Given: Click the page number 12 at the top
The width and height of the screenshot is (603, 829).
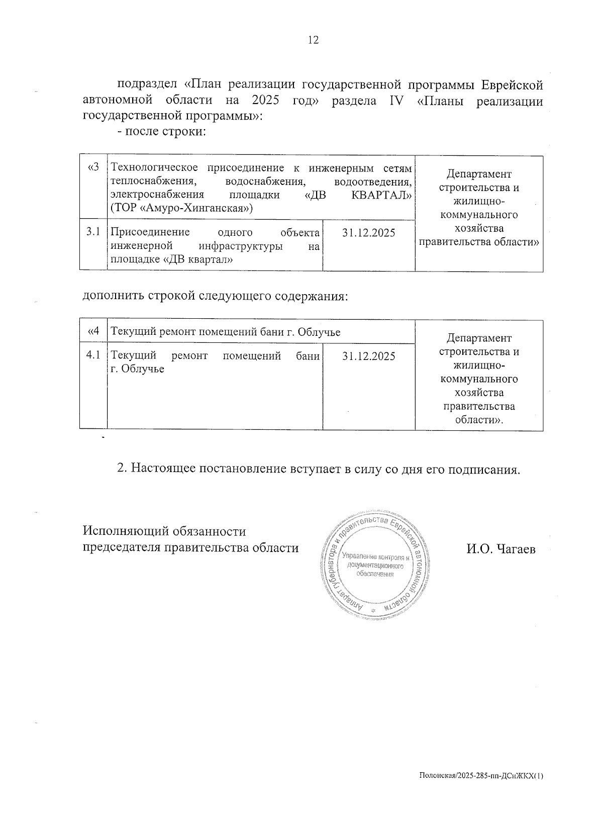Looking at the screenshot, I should pyautogui.click(x=313, y=41).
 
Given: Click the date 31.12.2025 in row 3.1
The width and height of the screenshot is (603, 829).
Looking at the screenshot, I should pyautogui.click(x=368, y=233).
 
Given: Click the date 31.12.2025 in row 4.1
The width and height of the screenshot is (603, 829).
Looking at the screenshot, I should pyautogui.click(x=368, y=356).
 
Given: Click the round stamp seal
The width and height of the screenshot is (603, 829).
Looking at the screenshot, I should pyautogui.click(x=374, y=566).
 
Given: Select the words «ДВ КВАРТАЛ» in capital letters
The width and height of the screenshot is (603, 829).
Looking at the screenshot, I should pyautogui.click(x=359, y=195).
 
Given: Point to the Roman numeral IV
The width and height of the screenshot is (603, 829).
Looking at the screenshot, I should pyautogui.click(x=397, y=101).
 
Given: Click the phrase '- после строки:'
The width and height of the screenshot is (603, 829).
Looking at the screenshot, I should pyautogui.click(x=162, y=132).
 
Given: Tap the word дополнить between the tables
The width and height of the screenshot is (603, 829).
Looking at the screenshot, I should pyautogui.click(x=113, y=296).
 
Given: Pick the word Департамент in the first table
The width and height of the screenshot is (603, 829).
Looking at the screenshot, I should pyautogui.click(x=478, y=174).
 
